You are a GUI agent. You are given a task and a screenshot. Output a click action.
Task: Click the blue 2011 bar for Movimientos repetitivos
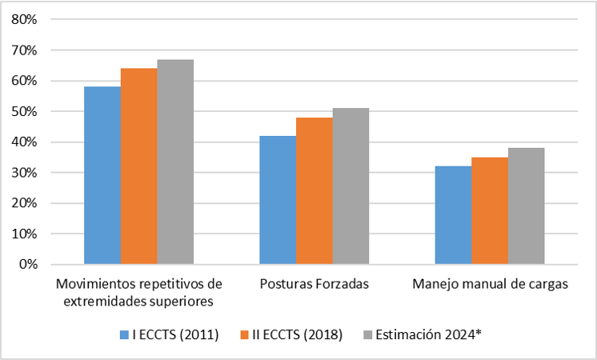pos(102,175)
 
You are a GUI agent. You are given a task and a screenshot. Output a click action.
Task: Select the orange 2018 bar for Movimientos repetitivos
pos(138,166)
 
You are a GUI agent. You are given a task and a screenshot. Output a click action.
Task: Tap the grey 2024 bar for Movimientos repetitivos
pos(174,162)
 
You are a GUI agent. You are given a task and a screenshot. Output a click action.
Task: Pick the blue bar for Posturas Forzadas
pos(278,200)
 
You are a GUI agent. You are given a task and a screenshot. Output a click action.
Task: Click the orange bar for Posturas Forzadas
pos(314,191)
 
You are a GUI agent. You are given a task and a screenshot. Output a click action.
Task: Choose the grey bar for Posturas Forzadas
pos(350,186)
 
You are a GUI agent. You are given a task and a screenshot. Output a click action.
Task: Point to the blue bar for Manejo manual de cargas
pos(453,215)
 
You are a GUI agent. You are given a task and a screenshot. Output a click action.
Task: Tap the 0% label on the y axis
pos(29,265)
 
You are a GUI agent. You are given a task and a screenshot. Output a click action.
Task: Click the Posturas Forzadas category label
pos(314,285)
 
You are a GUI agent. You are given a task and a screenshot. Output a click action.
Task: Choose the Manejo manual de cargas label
pos(489,285)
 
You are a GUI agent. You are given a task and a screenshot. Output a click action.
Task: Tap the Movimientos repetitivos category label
pos(138,293)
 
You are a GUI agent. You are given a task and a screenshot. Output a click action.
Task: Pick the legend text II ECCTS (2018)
pos(299,336)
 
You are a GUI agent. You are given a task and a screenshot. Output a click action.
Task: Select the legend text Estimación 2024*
pos(428,336)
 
